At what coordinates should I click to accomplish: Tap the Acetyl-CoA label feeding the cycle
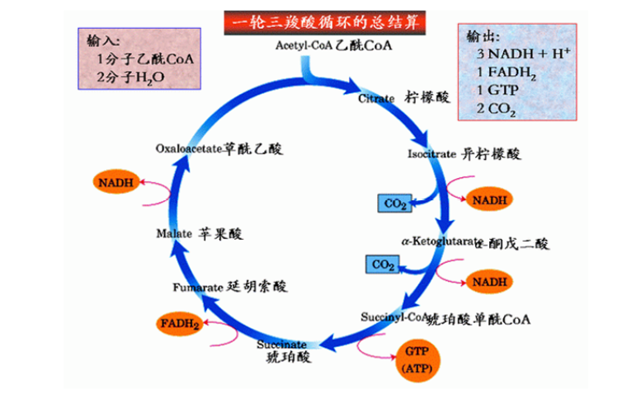(x=304, y=45)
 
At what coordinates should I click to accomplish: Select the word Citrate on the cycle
(x=377, y=98)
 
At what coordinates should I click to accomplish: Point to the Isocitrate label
(x=431, y=154)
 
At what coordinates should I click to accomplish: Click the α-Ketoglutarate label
(x=441, y=242)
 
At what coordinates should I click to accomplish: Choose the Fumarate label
(x=198, y=288)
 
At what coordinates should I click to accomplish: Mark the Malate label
(x=174, y=233)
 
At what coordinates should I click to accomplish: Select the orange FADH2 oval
(x=181, y=324)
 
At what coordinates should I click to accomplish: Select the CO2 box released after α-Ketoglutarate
(x=383, y=265)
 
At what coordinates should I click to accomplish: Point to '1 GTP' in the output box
(x=495, y=91)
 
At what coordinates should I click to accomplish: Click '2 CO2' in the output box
(x=496, y=109)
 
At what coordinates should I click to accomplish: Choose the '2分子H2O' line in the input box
(x=130, y=77)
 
